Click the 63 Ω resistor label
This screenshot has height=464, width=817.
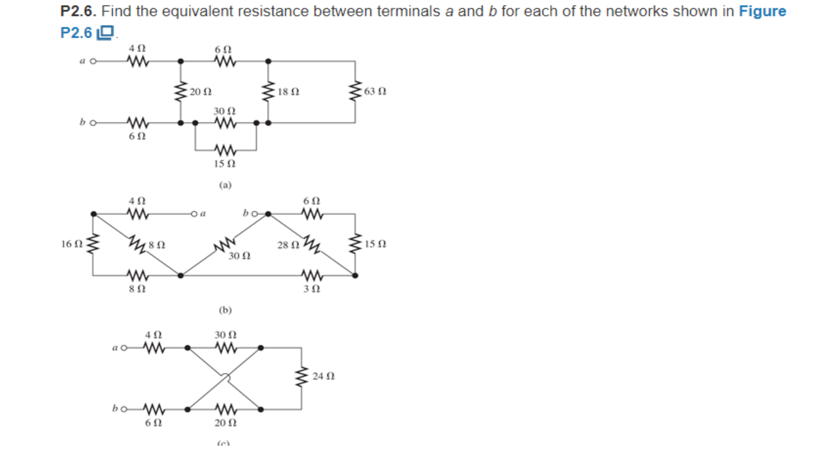[x=375, y=91]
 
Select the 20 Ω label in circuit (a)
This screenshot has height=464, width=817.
[x=200, y=92]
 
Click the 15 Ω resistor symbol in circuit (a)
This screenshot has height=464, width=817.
[x=225, y=150]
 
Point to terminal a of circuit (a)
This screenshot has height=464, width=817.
[x=93, y=61]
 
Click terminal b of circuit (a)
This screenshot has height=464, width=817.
[x=93, y=123]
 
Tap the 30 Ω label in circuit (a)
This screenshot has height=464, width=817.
[x=224, y=111]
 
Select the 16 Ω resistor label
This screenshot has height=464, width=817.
[x=72, y=244]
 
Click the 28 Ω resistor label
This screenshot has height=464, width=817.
[x=288, y=245]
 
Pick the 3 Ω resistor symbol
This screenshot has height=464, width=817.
[x=312, y=276]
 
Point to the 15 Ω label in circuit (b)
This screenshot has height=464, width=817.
[x=375, y=244]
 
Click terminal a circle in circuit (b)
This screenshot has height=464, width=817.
[x=194, y=214]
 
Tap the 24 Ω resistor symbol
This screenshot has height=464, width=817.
[x=301, y=376]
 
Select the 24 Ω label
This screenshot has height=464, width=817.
[x=323, y=376]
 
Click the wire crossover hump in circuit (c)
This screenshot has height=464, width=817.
[x=226, y=377]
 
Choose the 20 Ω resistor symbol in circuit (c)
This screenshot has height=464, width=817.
[x=226, y=409]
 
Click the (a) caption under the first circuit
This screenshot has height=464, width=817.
[x=225, y=185]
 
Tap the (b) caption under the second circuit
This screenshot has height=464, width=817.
[x=225, y=310]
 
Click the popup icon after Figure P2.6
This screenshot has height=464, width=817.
[x=105, y=33]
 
